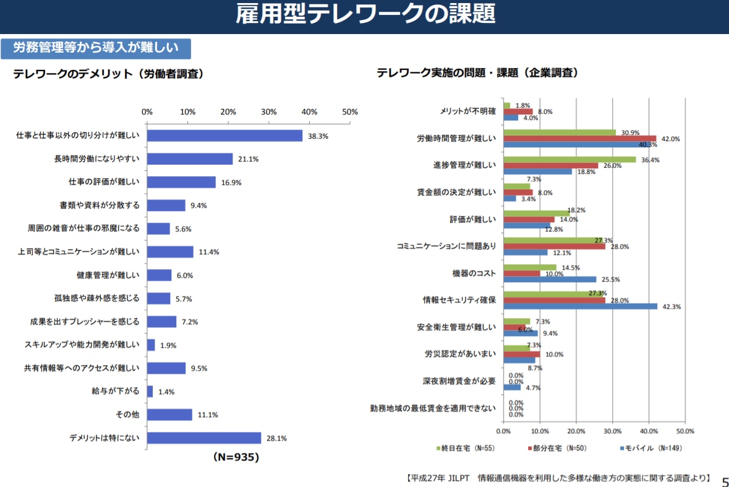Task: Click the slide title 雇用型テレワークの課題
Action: pyautogui.click(x=365, y=15)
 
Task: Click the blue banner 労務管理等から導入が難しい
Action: pyautogui.click(x=96, y=48)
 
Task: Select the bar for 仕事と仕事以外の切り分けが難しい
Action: pyautogui.click(x=224, y=136)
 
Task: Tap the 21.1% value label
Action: pyautogui.click(x=249, y=159)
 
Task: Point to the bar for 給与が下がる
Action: pyautogui.click(x=150, y=391)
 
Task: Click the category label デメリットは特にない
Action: pyautogui.click(x=104, y=438)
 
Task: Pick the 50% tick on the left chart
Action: pyautogui.click(x=350, y=112)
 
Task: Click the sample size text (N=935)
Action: pyautogui.click(x=236, y=457)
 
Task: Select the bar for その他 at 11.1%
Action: pyautogui.click(x=170, y=415)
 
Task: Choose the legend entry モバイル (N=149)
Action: pyautogui.click(x=653, y=448)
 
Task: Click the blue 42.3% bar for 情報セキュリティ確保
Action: pyautogui.click(x=581, y=306)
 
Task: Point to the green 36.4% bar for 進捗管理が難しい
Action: pyautogui.click(x=569, y=160)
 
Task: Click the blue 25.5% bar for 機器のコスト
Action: pyautogui.click(x=550, y=279)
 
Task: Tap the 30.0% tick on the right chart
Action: pyautogui.click(x=612, y=431)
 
